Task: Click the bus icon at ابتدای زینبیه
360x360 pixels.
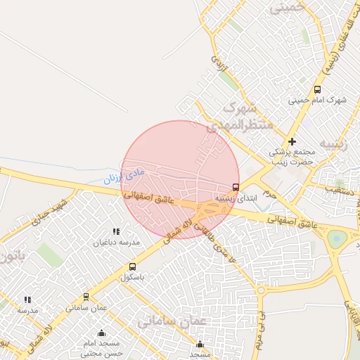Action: pyautogui.click(x=236, y=188)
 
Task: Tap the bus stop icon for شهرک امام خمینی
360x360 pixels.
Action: pyautogui.click(x=317, y=89)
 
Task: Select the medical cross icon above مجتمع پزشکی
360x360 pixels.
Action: pyautogui.click(x=292, y=141)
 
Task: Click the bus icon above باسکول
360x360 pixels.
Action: pyautogui.click(x=132, y=266)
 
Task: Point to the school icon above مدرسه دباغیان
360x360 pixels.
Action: pyautogui.click(x=116, y=231)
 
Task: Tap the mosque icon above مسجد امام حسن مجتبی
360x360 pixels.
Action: pyautogui.click(x=101, y=333)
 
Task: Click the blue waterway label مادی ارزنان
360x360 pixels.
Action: pyautogui.click(x=124, y=174)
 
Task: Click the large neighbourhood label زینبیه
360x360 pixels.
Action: pyautogui.click(x=334, y=145)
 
